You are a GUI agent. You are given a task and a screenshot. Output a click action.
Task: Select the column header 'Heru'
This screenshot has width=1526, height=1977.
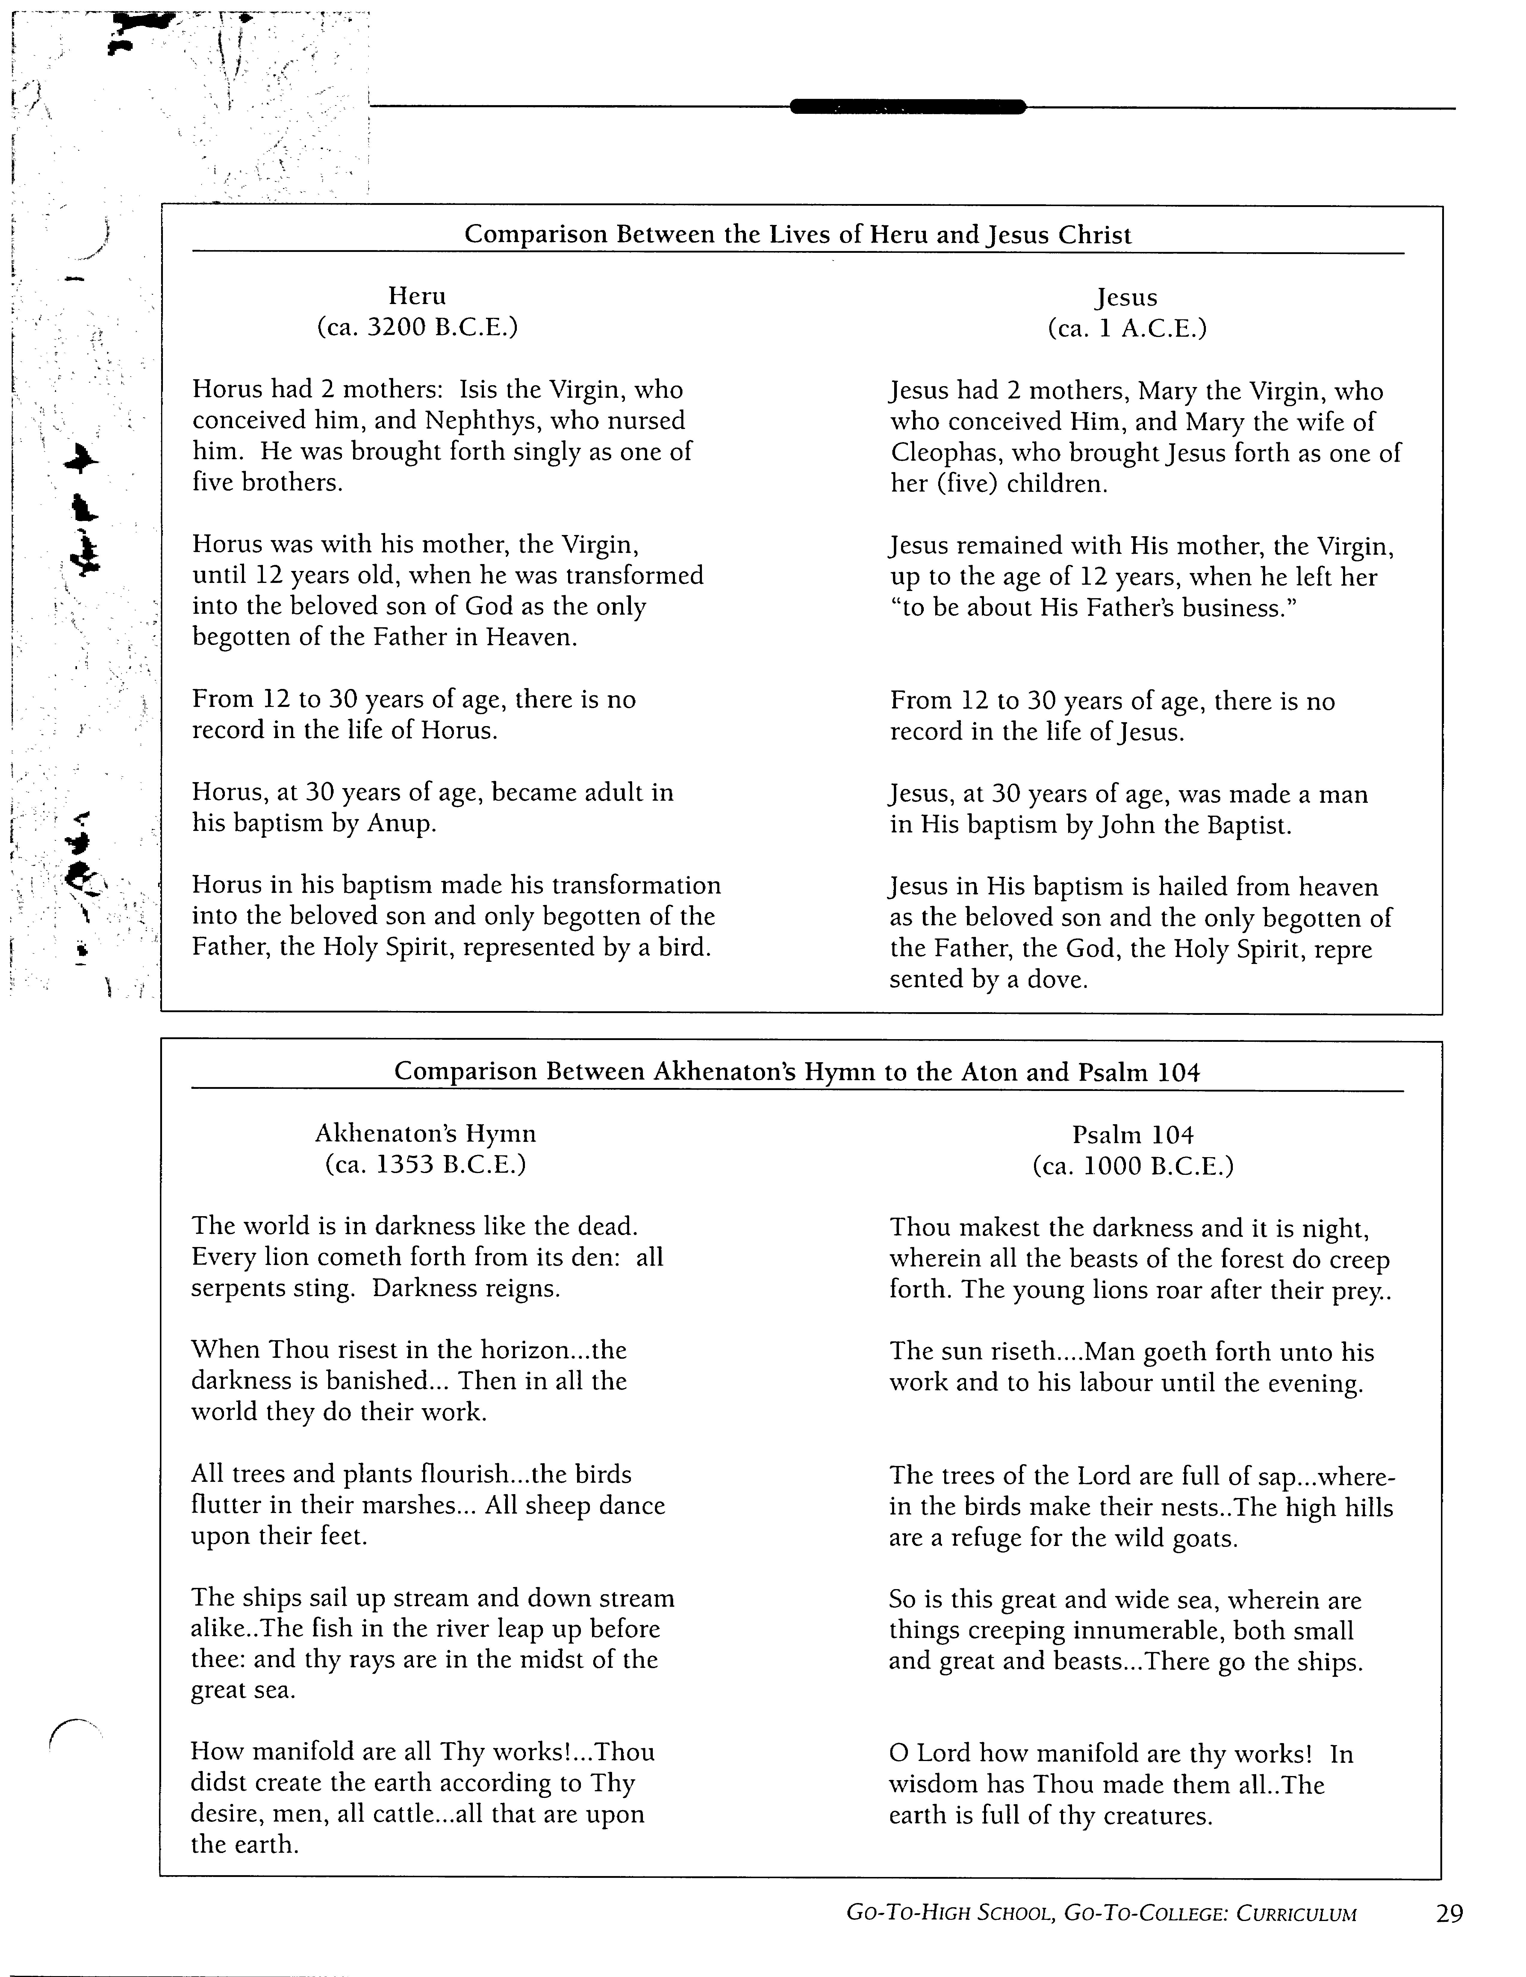point(417,296)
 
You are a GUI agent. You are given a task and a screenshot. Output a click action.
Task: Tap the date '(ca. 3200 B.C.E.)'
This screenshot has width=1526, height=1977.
point(417,327)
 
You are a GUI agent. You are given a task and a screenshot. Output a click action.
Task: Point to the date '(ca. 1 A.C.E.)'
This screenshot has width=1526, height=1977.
point(1127,328)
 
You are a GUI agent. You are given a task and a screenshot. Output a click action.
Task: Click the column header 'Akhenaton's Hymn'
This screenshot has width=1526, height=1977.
point(426,1133)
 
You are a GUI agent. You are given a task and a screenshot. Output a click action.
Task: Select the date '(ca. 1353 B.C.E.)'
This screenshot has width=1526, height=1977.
point(426,1164)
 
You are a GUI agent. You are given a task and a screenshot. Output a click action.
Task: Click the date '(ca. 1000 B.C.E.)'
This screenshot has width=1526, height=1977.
point(1133,1166)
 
